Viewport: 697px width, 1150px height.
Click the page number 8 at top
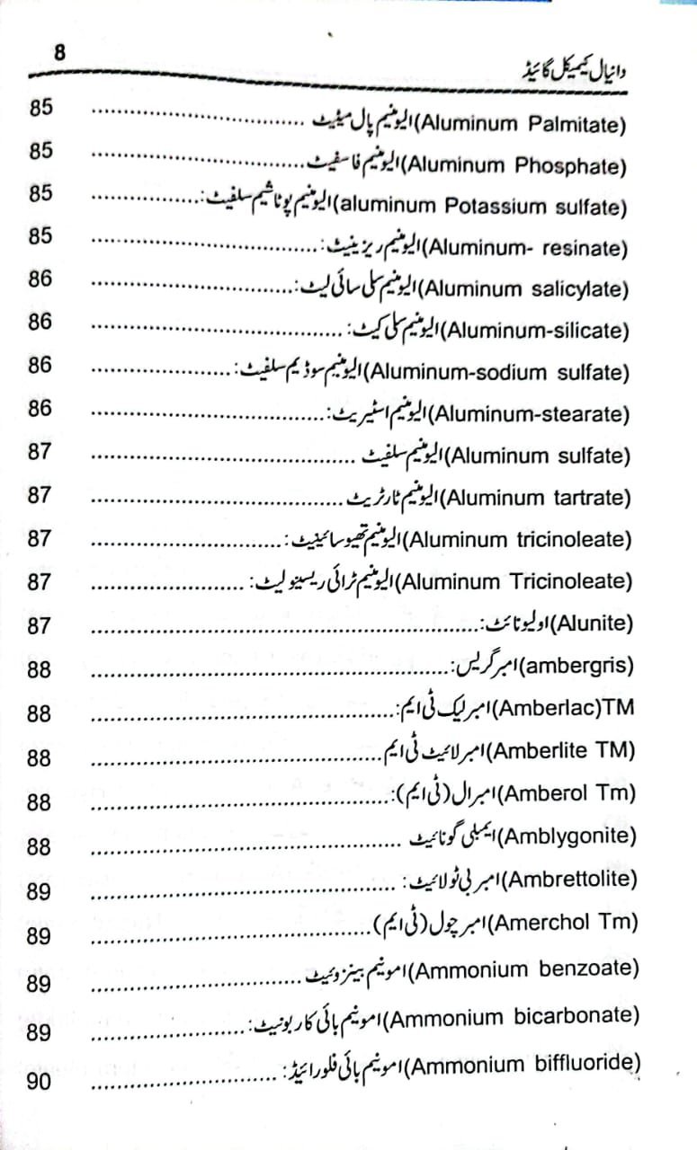59,53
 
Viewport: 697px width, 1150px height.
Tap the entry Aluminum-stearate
527,414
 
